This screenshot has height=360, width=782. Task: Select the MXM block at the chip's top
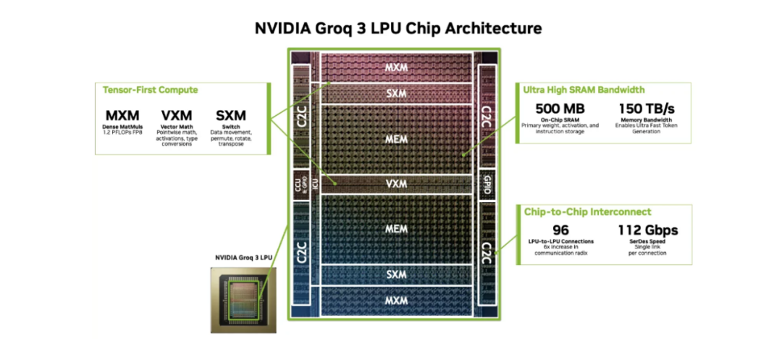[x=397, y=67]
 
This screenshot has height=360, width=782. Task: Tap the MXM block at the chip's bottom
[x=397, y=301]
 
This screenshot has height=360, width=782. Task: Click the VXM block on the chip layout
[x=397, y=184]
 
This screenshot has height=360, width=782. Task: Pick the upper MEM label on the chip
[x=397, y=138]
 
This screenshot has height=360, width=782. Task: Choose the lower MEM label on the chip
[x=397, y=229]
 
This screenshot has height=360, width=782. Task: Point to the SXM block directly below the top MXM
[x=397, y=93]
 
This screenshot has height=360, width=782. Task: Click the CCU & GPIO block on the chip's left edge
[x=300, y=184]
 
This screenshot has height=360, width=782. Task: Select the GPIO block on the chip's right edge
[x=487, y=184]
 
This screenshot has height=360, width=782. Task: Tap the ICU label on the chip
[x=314, y=184]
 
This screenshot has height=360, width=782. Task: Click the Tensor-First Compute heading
[x=150, y=91]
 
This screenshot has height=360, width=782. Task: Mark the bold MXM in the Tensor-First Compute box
[x=122, y=116]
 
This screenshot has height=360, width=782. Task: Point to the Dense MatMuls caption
[x=122, y=127]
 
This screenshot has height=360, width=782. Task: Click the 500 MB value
[x=560, y=108]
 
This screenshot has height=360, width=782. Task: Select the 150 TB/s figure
[x=646, y=108]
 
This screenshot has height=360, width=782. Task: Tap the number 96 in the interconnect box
[x=561, y=230]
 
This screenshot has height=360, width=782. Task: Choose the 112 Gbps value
[x=648, y=230]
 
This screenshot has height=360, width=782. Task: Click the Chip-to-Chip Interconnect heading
[x=587, y=212]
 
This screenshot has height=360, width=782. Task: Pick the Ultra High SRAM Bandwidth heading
[x=584, y=91]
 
